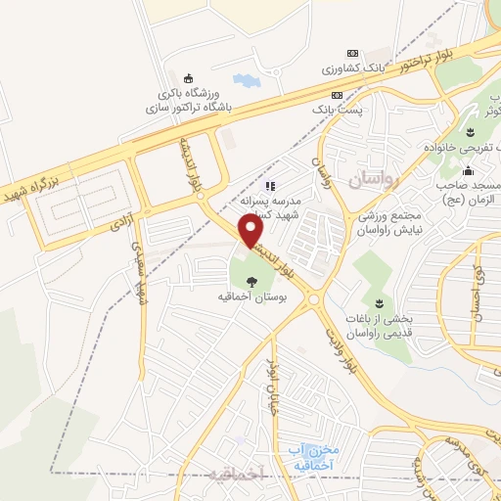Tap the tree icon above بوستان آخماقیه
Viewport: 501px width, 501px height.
click(252, 282)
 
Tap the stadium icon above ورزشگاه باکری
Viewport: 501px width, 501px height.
click(188, 79)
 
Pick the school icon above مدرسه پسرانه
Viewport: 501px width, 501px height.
click(271, 185)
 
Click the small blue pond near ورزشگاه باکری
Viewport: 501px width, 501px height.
click(243, 80)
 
